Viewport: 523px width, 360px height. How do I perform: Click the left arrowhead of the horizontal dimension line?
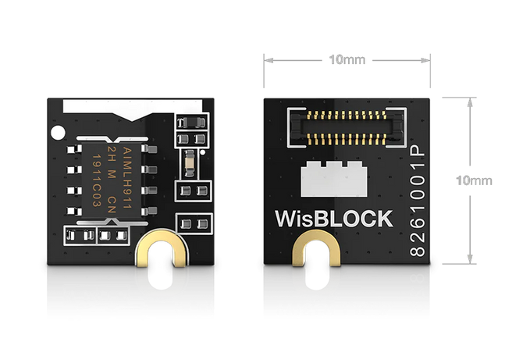[268, 59]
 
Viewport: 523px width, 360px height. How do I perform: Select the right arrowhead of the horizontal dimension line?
[429, 59]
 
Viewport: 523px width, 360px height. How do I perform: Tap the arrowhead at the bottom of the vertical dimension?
[469, 260]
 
